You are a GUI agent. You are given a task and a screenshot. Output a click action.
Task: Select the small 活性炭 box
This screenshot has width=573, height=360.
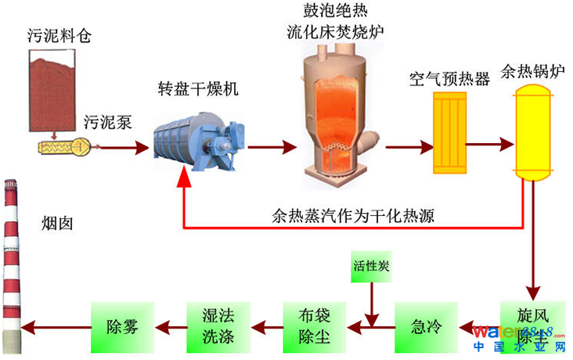[369, 266]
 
